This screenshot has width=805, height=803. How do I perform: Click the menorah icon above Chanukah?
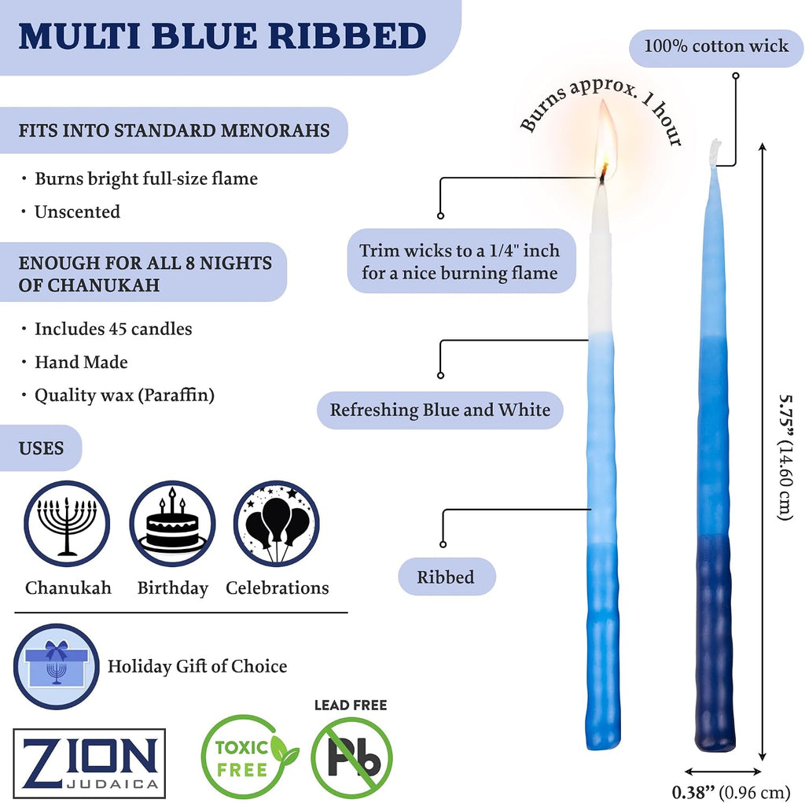pos(67,524)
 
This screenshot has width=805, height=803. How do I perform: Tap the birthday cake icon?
pos(172,524)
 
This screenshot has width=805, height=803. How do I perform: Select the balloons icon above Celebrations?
pos(277,524)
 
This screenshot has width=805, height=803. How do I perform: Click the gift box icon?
pos(57,666)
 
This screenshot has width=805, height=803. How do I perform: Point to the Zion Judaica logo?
pos(90,764)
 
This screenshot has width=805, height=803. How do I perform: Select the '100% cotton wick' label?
pos(716,46)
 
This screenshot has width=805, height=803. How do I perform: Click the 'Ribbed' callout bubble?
pos(447,577)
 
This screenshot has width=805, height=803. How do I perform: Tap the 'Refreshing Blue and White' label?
pos(440,410)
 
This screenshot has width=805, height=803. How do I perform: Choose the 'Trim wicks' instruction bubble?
pos(460,261)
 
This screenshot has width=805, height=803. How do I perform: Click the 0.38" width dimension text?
pos(730,792)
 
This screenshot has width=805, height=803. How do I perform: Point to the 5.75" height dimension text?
pos(785,457)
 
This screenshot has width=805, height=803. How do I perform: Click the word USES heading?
pos(41,448)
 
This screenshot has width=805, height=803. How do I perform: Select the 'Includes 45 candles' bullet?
pos(113,329)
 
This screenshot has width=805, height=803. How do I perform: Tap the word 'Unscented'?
pos(77,212)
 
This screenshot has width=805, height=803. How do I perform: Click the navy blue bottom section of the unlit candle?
pos(715,643)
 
